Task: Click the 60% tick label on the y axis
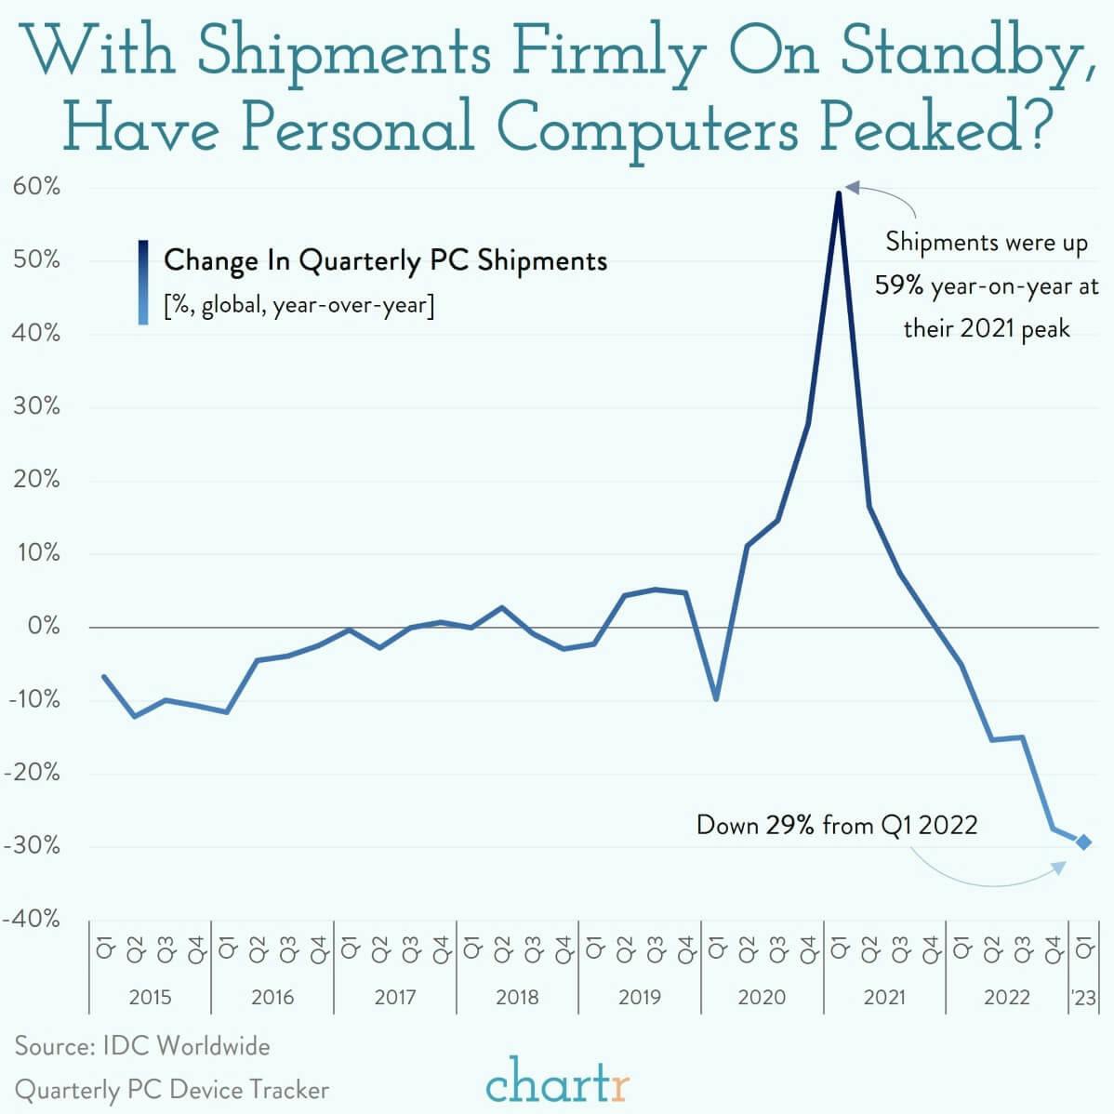[x=36, y=187]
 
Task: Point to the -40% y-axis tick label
[x=32, y=919]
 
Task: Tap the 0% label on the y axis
[x=43, y=626]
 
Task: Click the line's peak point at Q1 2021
[x=839, y=192]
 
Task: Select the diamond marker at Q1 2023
[x=1083, y=842]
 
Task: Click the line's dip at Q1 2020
[x=716, y=698]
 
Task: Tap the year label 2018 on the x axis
[x=517, y=997]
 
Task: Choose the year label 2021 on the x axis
[x=884, y=997]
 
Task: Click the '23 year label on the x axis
[x=1083, y=997]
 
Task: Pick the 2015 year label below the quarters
[x=150, y=997]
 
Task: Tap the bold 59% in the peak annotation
[x=898, y=285]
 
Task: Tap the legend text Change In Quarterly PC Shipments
[x=385, y=260]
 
